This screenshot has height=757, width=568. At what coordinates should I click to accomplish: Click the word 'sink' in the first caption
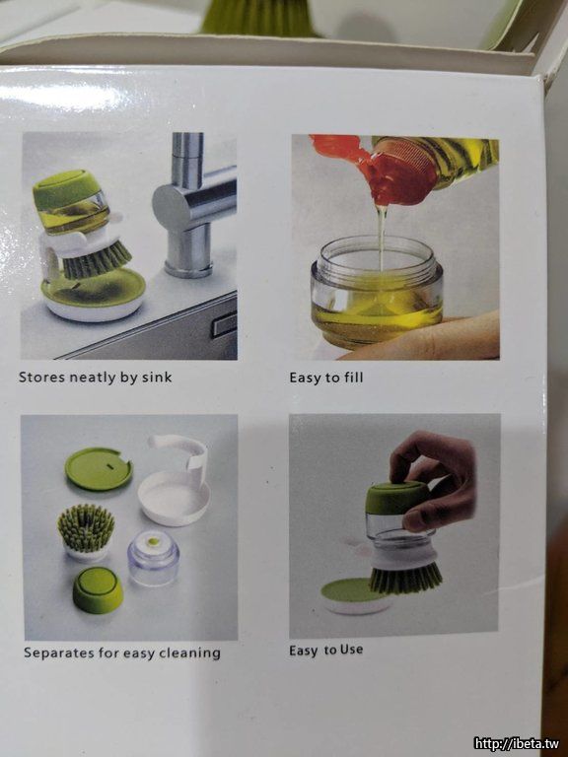tap(157, 378)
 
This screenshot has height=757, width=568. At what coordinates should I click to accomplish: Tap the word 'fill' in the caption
tap(353, 378)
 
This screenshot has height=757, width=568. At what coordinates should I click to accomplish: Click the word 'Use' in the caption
tap(351, 650)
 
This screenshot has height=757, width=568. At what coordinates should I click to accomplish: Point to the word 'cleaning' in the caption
tap(189, 654)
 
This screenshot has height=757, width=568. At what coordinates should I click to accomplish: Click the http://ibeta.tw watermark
tap(517, 743)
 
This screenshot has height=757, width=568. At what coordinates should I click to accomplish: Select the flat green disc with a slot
tap(99, 469)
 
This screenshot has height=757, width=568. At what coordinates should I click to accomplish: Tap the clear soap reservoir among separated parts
tap(154, 558)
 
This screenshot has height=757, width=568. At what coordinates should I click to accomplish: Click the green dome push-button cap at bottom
tap(98, 590)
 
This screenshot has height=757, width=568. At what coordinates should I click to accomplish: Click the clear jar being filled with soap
tap(377, 293)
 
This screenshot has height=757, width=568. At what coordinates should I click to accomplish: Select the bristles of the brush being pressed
tap(405, 578)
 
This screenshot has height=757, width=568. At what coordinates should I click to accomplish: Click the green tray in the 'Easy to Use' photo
tap(353, 590)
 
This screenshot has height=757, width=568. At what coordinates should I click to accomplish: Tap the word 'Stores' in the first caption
tap(41, 378)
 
